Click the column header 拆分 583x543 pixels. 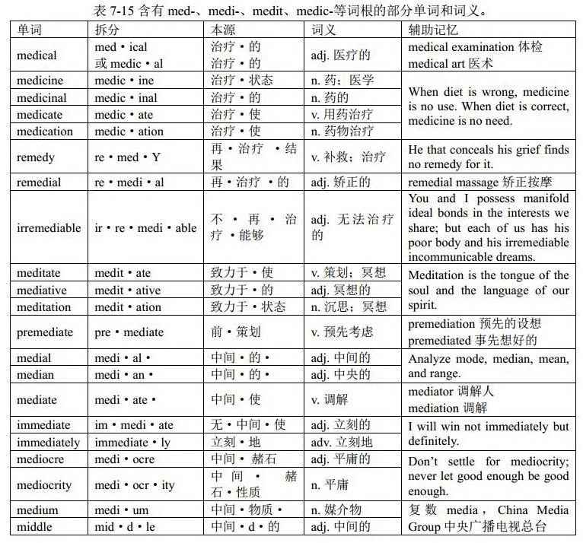pos(108,30)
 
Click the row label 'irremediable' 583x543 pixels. pos(49,227)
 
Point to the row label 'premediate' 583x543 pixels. pos(45,332)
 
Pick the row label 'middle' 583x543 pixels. pos(35,526)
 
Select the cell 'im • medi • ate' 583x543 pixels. pos(134,425)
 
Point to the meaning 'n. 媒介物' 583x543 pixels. pos(336,510)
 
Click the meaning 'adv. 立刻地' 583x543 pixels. pos(342,442)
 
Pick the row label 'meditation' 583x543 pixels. pos(45,307)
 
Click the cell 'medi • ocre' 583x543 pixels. pos(125,459)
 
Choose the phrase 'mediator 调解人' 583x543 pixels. pos(451,392)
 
